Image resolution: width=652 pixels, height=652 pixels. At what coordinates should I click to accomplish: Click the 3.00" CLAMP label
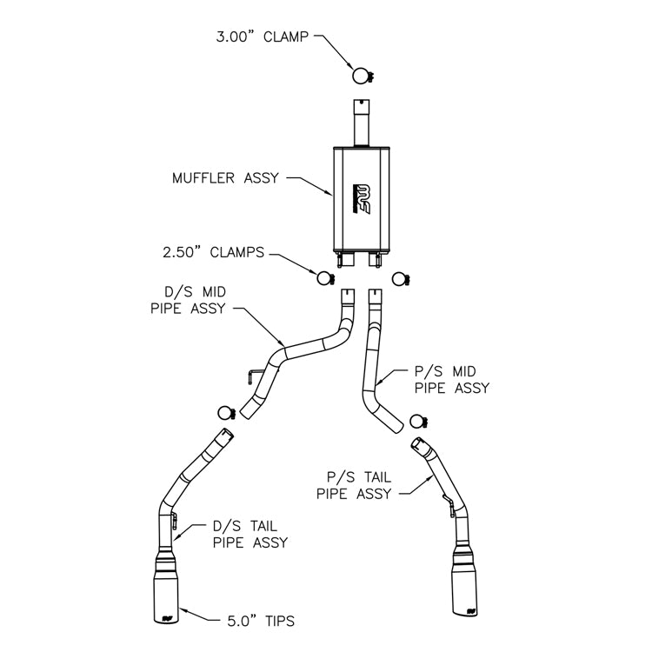click(262, 37)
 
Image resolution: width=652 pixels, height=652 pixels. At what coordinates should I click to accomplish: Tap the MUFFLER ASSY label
click(225, 178)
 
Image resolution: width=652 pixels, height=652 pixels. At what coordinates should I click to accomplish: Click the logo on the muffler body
click(362, 199)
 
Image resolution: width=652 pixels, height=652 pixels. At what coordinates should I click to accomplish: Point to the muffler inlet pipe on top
click(362, 123)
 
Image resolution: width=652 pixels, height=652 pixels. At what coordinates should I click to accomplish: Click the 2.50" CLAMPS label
click(213, 252)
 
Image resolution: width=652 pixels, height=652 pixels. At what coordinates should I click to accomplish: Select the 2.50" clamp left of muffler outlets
click(326, 278)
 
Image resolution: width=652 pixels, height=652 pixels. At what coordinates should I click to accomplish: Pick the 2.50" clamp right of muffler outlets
click(401, 279)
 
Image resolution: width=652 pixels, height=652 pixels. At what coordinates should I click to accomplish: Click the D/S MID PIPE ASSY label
click(188, 300)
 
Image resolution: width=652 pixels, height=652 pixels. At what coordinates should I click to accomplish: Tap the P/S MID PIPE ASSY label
click(452, 380)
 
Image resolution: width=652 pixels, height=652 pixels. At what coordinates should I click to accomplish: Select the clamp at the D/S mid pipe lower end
click(227, 413)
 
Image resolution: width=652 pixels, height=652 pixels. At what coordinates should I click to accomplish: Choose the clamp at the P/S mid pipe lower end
click(419, 422)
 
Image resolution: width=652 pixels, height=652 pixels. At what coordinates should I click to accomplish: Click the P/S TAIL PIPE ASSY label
click(354, 485)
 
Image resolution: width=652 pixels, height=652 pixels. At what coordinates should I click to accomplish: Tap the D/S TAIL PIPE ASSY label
click(250, 535)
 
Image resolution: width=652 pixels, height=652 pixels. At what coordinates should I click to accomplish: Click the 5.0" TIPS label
click(261, 622)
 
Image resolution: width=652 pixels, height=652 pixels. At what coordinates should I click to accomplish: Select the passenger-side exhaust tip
click(465, 581)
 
